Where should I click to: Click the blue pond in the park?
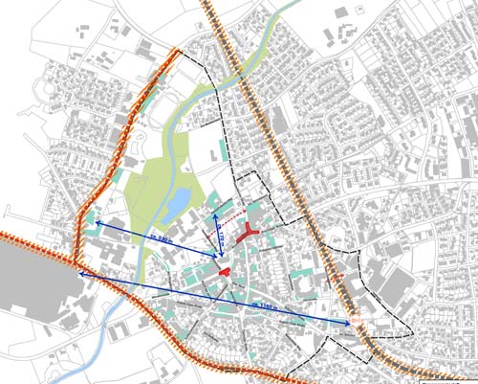pyautogui.click(x=179, y=202)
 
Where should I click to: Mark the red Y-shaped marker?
pyautogui.click(x=250, y=231)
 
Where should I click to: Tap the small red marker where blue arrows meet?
pyautogui.click(x=224, y=273)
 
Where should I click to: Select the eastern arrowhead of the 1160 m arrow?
pyautogui.click(x=348, y=325)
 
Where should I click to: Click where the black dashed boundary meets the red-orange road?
pyautogui.click(x=179, y=51)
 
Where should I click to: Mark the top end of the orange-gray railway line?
pyautogui.click(x=205, y=4)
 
